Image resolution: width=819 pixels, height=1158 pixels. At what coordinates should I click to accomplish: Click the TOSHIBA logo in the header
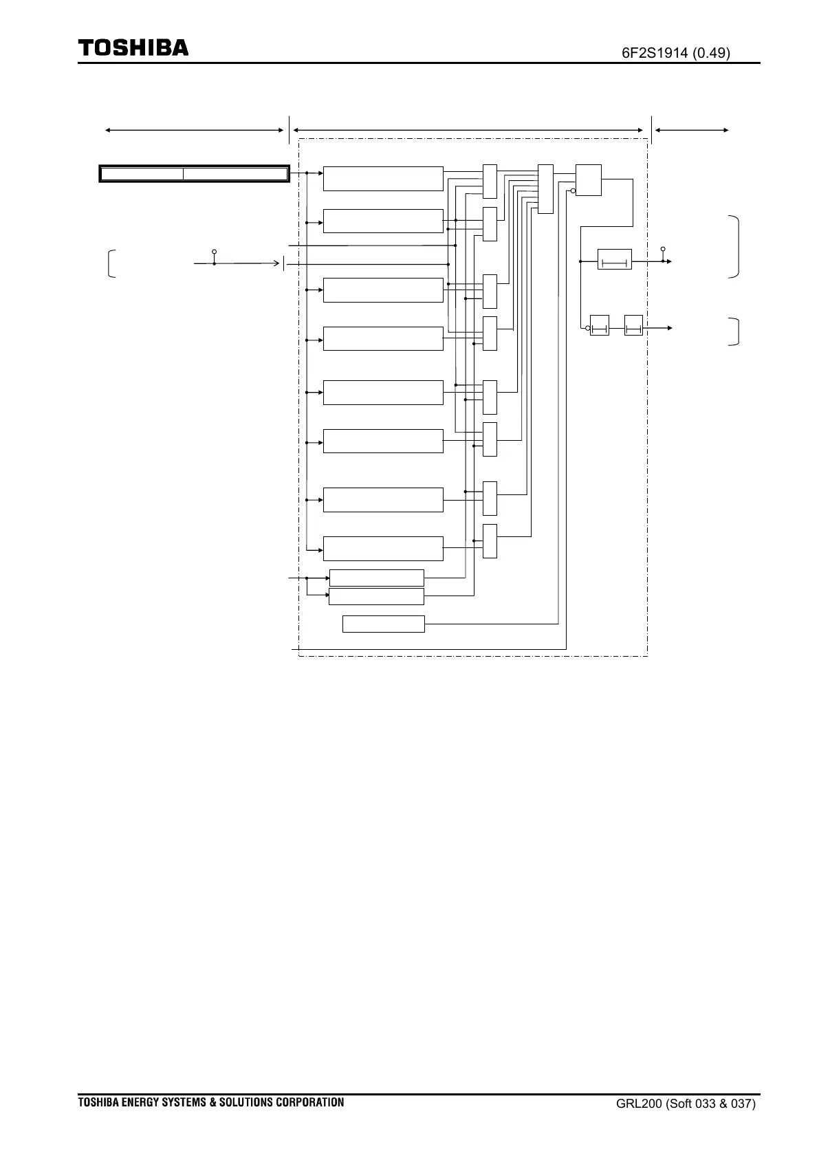click(x=133, y=47)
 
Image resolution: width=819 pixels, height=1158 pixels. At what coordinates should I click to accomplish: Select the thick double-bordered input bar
click(x=194, y=173)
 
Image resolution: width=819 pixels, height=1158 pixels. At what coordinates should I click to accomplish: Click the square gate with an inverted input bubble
click(x=588, y=180)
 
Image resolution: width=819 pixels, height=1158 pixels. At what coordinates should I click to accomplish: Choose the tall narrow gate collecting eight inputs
click(x=545, y=189)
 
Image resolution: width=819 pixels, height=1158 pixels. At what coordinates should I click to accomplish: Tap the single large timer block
click(x=614, y=259)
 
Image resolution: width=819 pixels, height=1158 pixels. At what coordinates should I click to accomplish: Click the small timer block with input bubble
click(x=600, y=327)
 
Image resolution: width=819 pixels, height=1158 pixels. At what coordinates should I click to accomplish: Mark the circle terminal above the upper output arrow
click(x=663, y=249)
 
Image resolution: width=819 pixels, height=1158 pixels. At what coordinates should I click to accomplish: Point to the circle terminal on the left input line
click(x=215, y=252)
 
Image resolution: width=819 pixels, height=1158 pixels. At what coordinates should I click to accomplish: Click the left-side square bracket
click(x=111, y=264)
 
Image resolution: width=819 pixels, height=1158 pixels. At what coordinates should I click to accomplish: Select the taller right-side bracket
click(x=736, y=247)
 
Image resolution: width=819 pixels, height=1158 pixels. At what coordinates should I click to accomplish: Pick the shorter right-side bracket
click(x=736, y=331)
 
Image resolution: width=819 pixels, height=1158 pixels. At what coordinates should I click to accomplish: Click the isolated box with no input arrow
click(x=383, y=624)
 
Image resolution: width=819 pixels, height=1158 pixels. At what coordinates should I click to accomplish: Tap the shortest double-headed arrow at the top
click(x=690, y=129)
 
